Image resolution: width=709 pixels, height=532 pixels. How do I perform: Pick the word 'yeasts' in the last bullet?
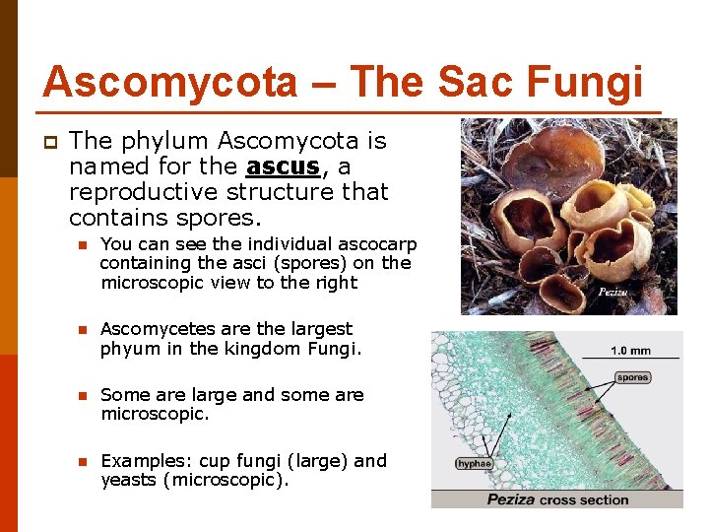[129, 480]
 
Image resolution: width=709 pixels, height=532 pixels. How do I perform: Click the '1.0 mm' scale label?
[630, 351]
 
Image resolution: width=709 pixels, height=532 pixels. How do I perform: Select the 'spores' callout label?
[633, 377]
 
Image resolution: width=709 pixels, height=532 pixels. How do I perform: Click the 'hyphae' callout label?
[473, 462]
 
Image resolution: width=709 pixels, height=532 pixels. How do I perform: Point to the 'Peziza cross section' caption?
[557, 499]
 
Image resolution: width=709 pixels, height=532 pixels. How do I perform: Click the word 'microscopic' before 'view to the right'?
[146, 283]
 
